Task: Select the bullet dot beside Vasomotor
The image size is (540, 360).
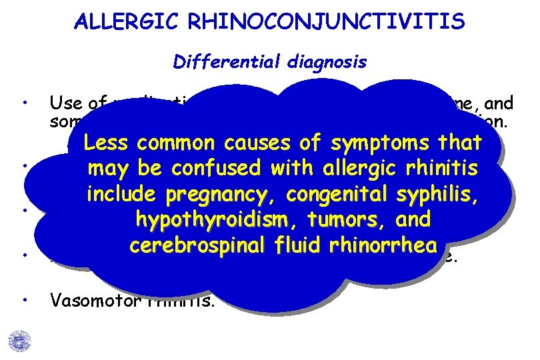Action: [24, 300]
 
